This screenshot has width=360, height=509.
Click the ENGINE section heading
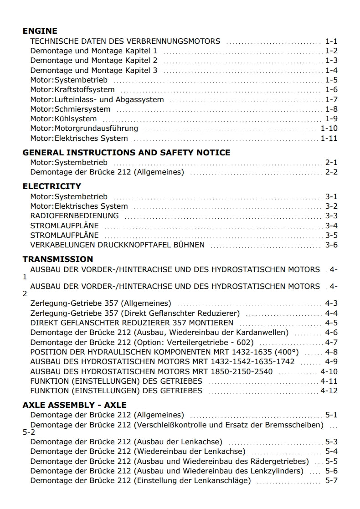[40, 31]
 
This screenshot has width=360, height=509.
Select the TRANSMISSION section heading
[58, 259]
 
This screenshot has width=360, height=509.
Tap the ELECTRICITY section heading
[52, 186]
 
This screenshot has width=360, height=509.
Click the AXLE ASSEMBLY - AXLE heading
[75, 405]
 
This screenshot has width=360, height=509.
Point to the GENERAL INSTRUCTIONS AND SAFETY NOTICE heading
[126, 152]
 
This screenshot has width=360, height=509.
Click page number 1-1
[331, 41]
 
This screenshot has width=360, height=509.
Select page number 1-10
[329, 129]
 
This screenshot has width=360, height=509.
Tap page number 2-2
[331, 172]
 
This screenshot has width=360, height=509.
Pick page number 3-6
[331, 245]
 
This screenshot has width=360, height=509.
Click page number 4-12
[329, 391]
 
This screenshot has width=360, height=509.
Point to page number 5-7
[331, 481]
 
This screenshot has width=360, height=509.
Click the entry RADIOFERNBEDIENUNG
[74, 216]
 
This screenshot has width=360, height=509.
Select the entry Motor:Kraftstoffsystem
[72, 90]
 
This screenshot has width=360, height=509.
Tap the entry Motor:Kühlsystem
[63, 119]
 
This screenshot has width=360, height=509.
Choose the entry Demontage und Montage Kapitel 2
[94, 61]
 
